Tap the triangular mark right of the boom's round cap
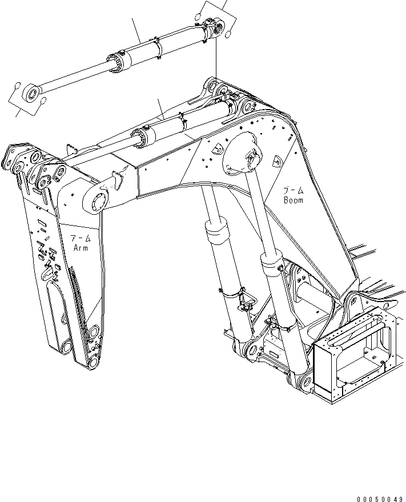point(276,162)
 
